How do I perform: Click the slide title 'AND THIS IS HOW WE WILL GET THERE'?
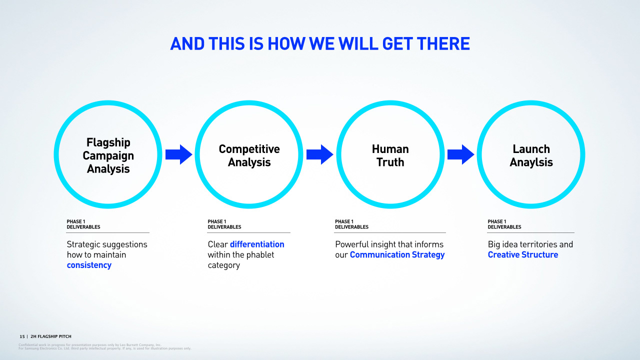tap(320, 44)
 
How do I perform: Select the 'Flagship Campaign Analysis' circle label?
tap(108, 155)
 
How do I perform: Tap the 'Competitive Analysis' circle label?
tap(249, 155)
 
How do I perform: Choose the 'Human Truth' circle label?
tap(390, 155)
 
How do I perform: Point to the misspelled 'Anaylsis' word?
tap(531, 162)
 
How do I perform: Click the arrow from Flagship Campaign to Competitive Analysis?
tap(178, 154)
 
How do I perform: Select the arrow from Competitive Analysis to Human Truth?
tap(319, 154)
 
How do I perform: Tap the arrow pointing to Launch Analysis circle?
tap(460, 154)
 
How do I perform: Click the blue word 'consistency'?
tap(89, 265)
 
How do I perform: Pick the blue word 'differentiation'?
tap(257, 244)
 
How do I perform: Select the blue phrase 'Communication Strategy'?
tap(397, 255)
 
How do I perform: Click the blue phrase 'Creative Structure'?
tap(522, 255)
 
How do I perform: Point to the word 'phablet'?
tap(257, 255)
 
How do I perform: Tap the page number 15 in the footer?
tap(22, 336)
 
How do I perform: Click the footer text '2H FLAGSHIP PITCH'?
tap(51, 336)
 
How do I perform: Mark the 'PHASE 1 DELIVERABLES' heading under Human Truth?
tap(351, 224)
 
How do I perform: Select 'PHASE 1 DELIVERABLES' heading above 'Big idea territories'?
tap(504, 224)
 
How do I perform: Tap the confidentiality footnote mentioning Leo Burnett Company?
tap(90, 345)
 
